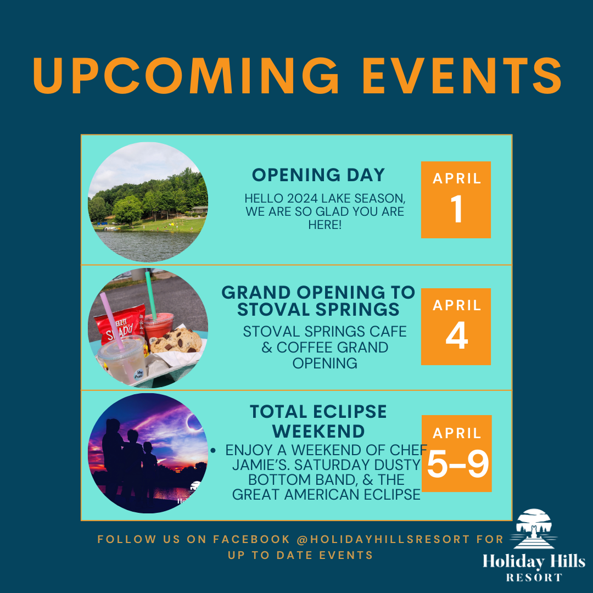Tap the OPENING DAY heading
coord(318,175)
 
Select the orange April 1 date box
coord(456,200)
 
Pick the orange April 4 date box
coord(456,327)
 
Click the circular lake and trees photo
coord(148,202)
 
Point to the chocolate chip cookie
coord(177,341)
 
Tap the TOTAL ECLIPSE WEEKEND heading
coord(318,420)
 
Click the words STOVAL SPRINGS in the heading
coord(318,310)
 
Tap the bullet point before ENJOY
coord(213,450)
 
